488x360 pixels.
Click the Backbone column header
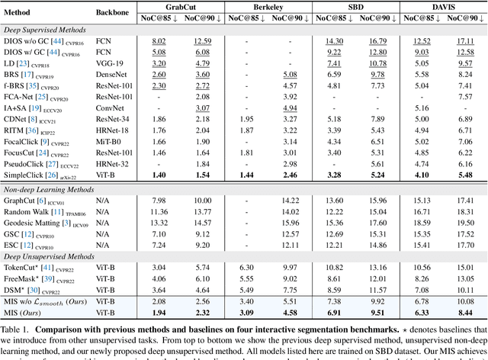coord(113,11)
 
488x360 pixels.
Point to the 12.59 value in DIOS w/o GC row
coord(202,41)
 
